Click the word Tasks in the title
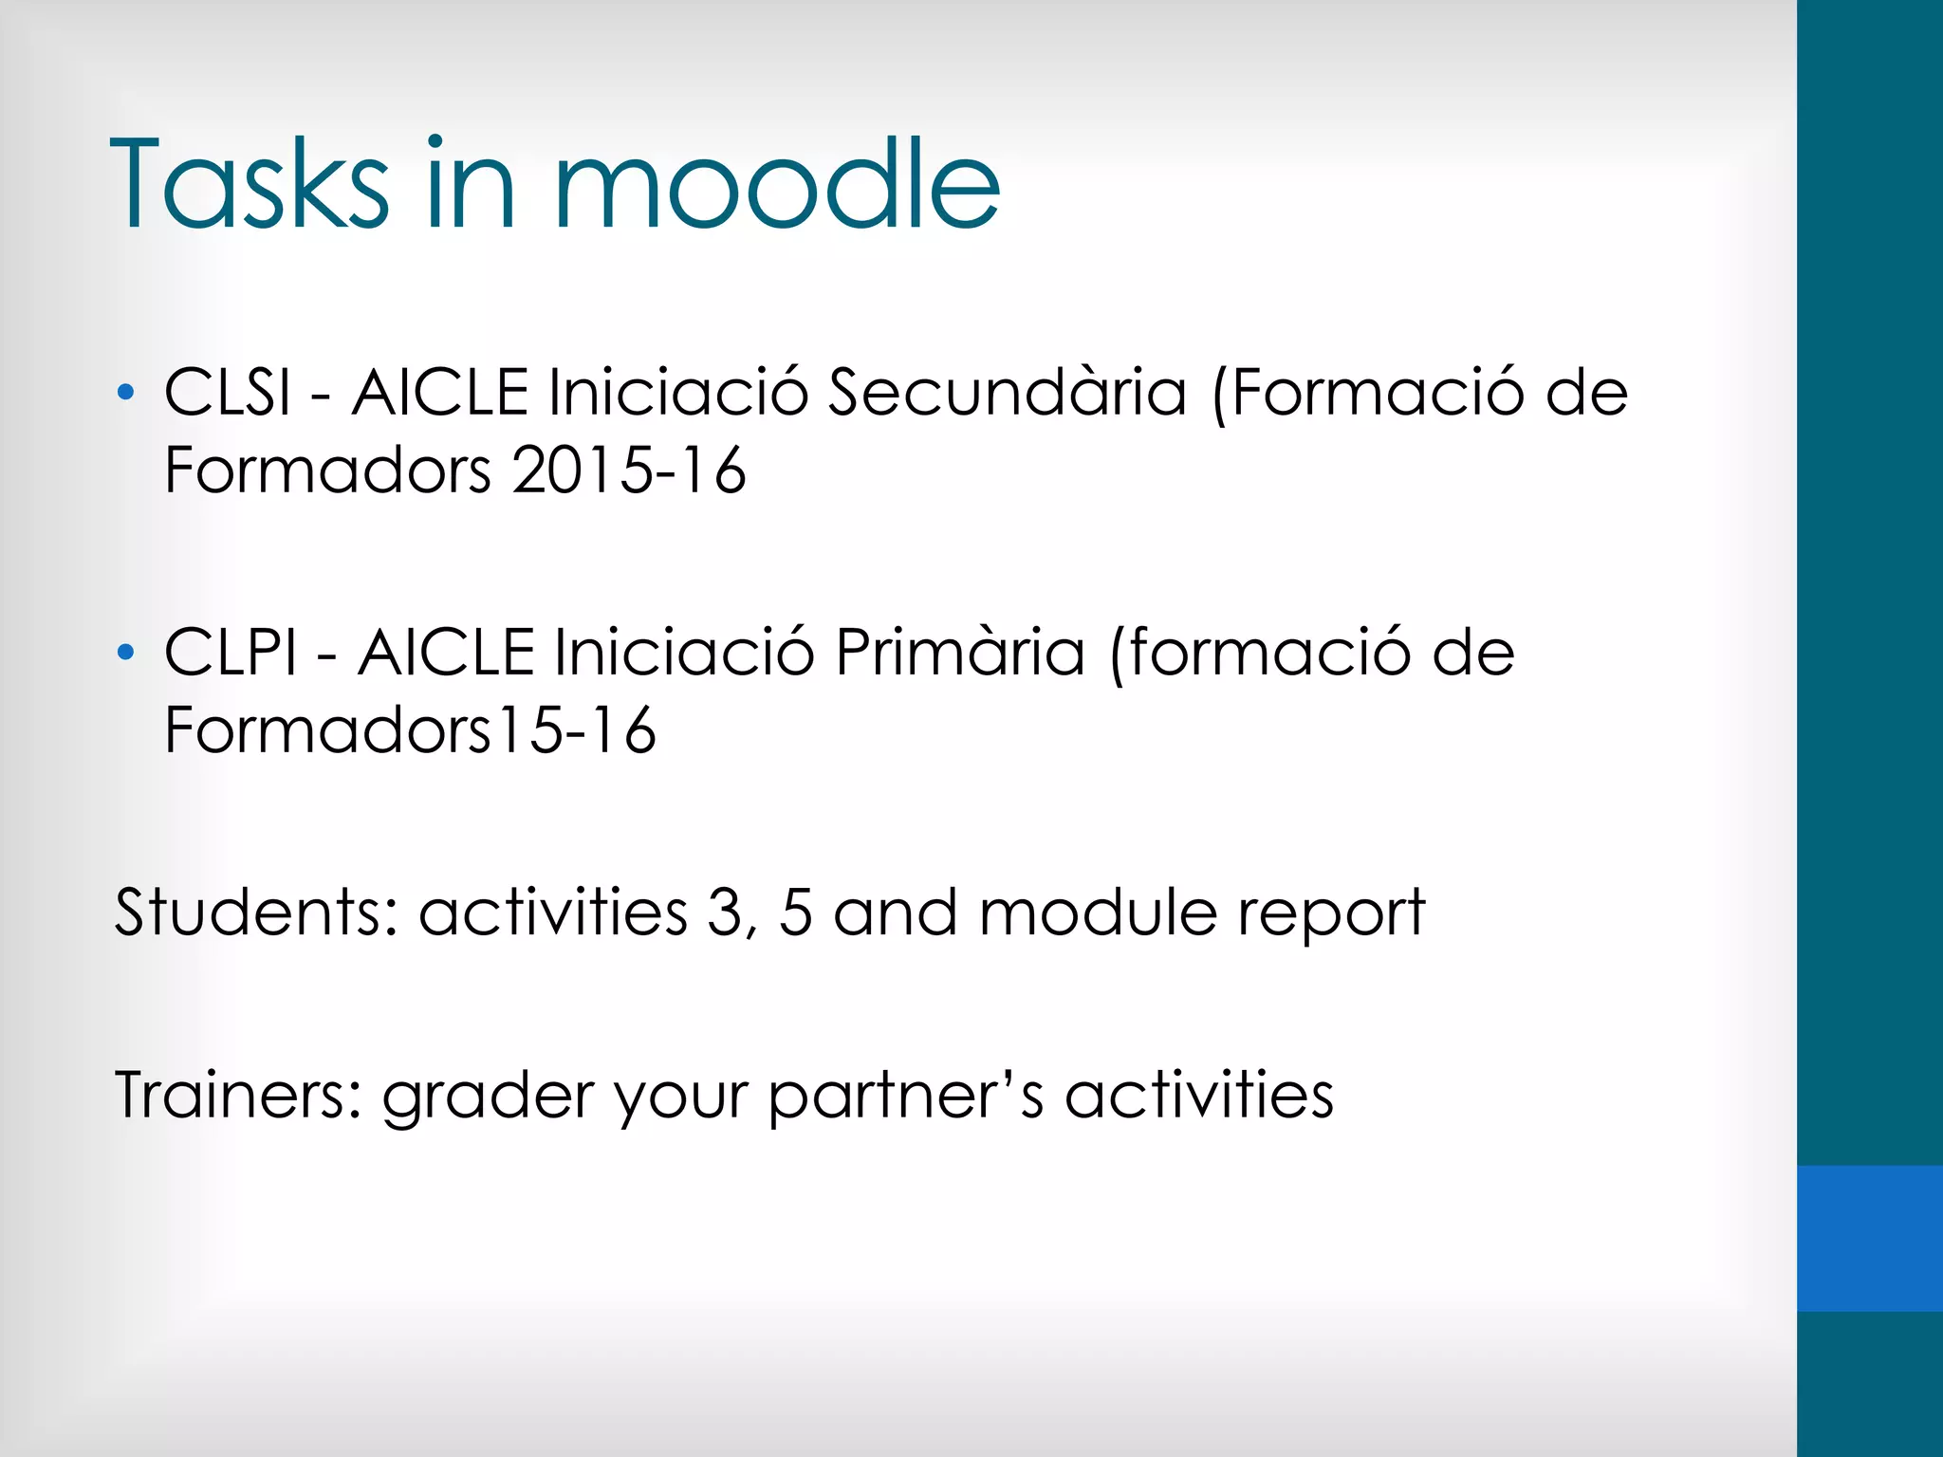point(250,185)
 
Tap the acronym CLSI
point(228,392)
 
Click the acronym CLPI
point(231,653)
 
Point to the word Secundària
point(1007,392)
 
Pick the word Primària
point(959,653)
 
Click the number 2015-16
point(629,470)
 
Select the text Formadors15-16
point(410,730)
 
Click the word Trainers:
point(238,1095)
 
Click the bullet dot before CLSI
point(125,392)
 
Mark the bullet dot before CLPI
point(125,653)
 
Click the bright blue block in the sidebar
point(1869,1238)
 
